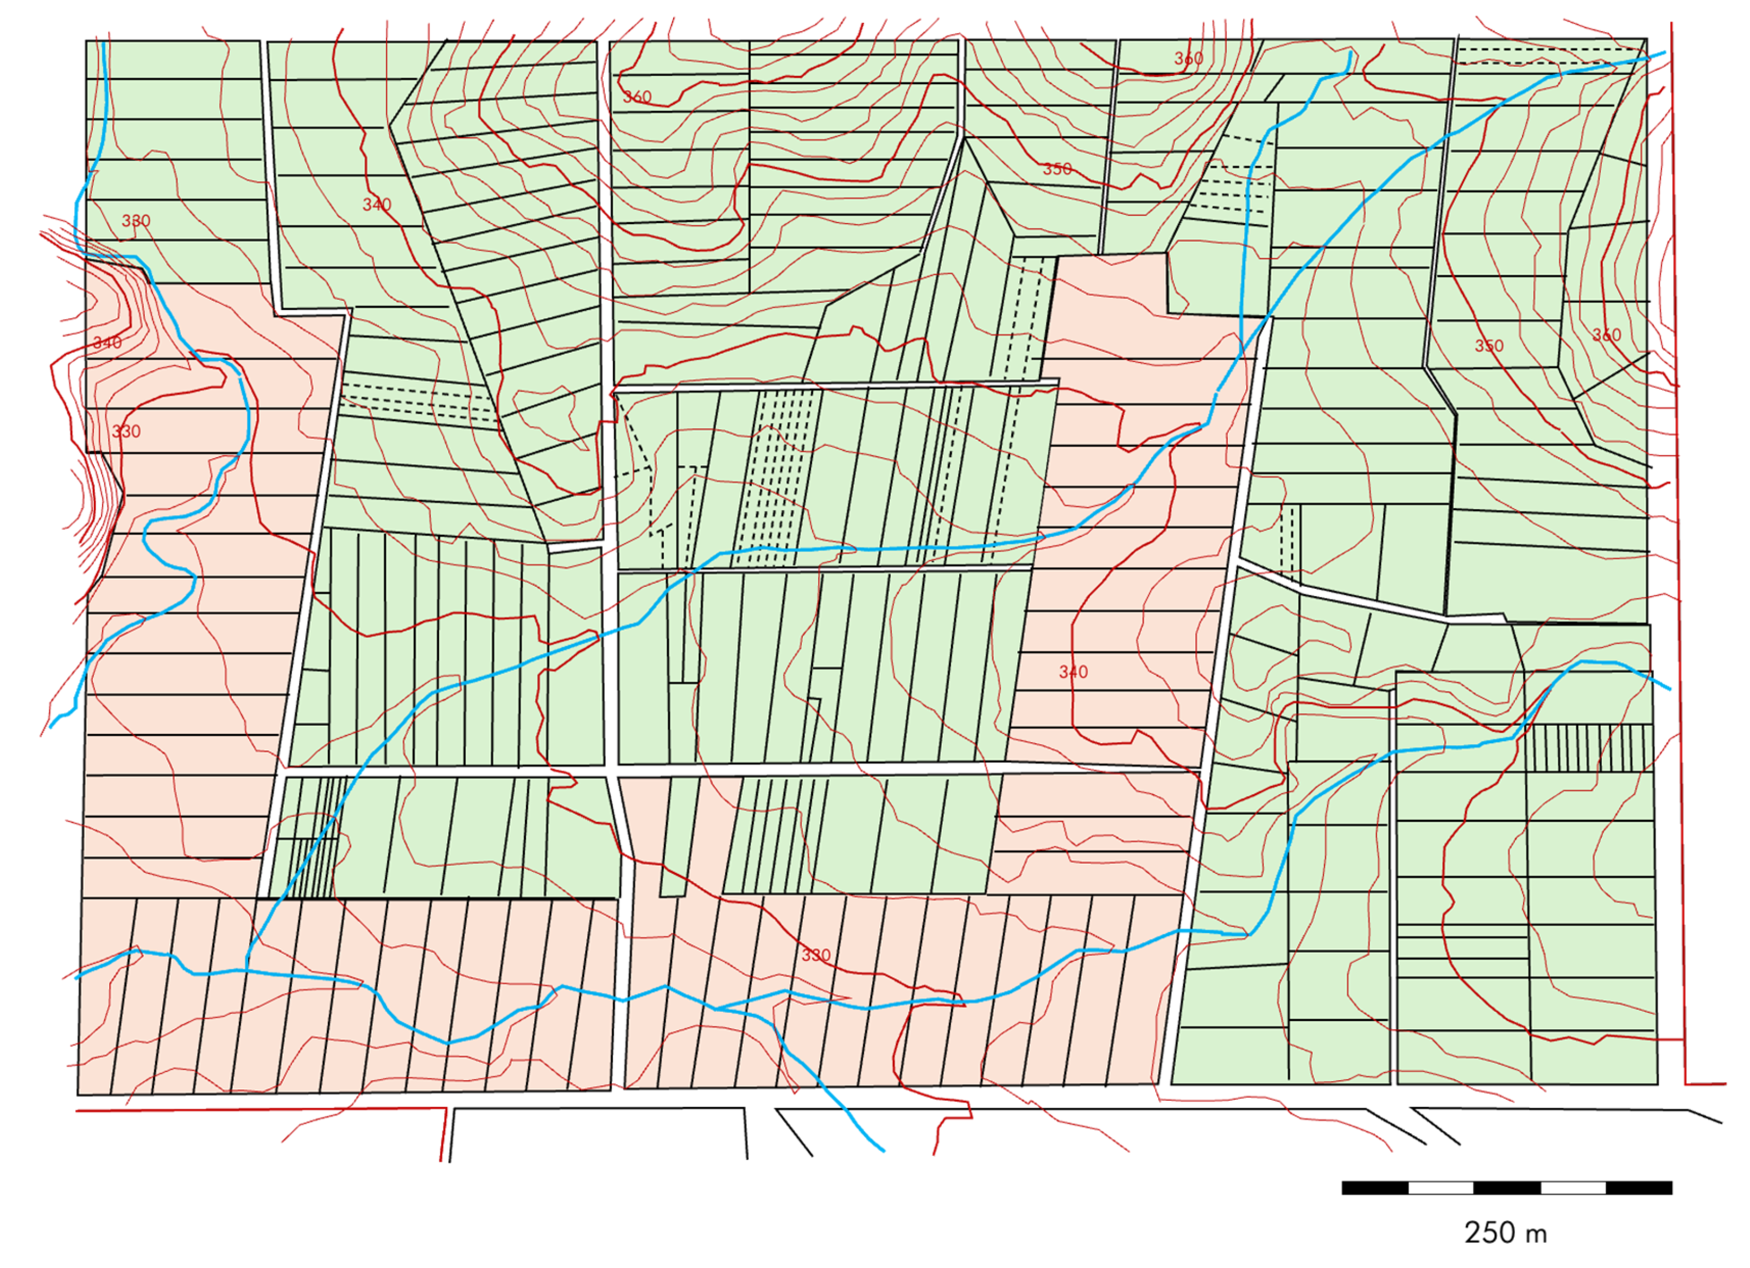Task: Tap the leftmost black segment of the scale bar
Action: (x=1375, y=1188)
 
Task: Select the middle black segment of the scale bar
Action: (x=1506, y=1188)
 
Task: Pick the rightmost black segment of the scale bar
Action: (x=1639, y=1188)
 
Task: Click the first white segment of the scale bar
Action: (x=1441, y=1188)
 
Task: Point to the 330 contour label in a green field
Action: (x=136, y=221)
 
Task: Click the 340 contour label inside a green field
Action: (x=377, y=205)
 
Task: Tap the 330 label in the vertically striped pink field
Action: (x=816, y=955)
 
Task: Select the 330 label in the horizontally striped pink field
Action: (x=126, y=432)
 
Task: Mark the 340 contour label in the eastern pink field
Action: (x=1073, y=672)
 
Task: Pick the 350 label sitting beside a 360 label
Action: (x=1488, y=346)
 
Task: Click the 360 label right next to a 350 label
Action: (x=1607, y=335)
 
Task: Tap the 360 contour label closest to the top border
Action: (x=1188, y=59)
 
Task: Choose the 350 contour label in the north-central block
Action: (x=1057, y=169)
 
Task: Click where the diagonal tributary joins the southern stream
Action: (x=246, y=969)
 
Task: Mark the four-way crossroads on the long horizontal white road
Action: (x=611, y=770)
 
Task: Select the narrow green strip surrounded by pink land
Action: (x=674, y=838)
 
